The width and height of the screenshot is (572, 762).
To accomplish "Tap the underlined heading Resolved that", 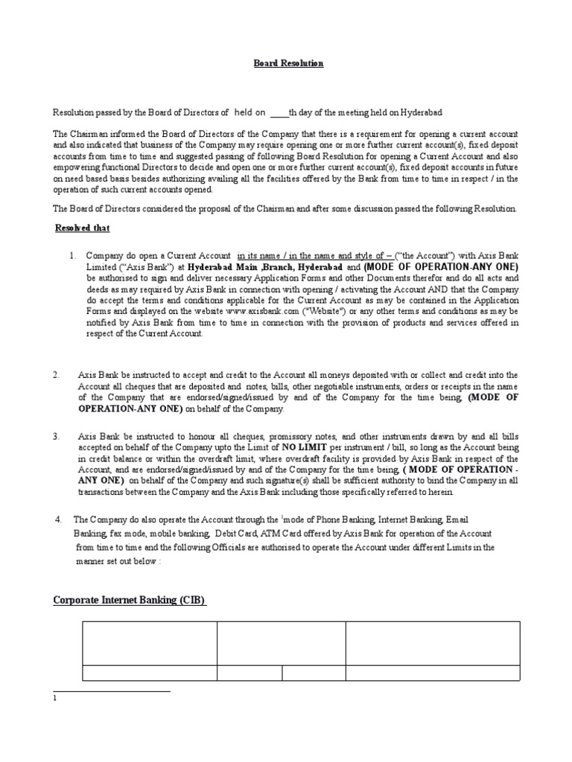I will (83, 228).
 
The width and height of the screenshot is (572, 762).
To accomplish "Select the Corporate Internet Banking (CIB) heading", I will (130, 600).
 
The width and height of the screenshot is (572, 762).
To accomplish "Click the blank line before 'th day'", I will (278, 113).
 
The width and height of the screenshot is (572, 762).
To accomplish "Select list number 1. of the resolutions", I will (72, 255).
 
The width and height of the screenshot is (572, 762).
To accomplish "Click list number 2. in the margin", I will (56, 375).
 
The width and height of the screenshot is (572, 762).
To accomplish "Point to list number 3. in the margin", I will (56, 435).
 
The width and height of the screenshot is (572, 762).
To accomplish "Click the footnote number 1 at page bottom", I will (54, 699).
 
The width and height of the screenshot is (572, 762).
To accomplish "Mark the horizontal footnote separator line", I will (112, 691).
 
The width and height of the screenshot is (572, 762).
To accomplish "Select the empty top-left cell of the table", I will (149, 643).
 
